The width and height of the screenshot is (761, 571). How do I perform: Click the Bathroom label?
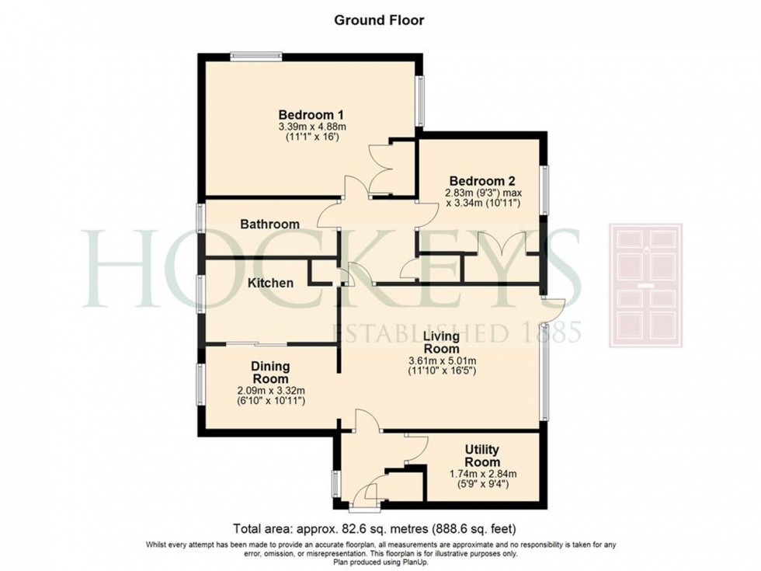click(269, 225)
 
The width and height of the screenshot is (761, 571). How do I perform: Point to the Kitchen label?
click(270, 283)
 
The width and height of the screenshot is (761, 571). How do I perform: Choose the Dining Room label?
click(270, 372)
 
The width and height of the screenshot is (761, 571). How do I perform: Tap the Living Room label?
click(441, 343)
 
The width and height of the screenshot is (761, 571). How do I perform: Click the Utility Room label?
click(481, 456)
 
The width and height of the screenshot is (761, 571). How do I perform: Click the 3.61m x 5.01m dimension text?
click(443, 360)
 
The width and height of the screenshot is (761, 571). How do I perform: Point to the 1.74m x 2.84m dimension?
click(481, 475)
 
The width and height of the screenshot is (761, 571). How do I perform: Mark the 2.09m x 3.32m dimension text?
click(271, 390)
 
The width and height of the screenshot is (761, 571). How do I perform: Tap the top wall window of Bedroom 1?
click(255, 54)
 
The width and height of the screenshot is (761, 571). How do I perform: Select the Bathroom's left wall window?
click(199, 218)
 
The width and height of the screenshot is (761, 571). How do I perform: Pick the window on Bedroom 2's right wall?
click(545, 189)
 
